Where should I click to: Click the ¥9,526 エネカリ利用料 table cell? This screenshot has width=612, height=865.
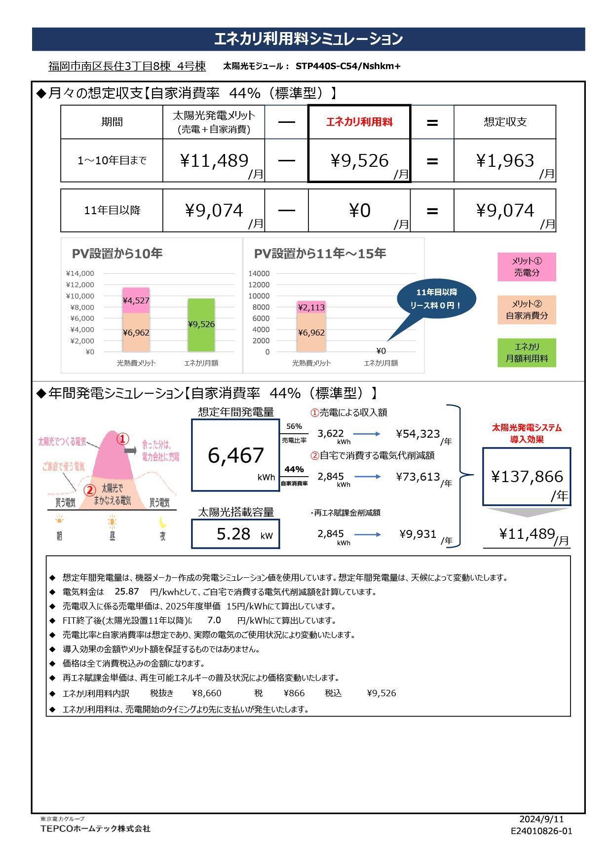pyautogui.click(x=359, y=161)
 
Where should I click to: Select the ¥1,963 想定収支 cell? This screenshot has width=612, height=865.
pyautogui.click(x=504, y=161)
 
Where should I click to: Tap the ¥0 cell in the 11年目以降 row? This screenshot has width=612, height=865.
pyautogui.click(x=359, y=211)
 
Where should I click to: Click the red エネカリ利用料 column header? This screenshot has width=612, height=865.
pyautogui.click(x=359, y=122)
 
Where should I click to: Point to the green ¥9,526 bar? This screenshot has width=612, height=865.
pyautogui.click(x=201, y=325)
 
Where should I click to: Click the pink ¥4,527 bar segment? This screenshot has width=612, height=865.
pyautogui.click(x=136, y=300)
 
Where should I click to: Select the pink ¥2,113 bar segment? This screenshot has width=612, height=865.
pyautogui.click(x=311, y=307)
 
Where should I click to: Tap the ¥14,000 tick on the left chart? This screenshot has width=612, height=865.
pyautogui.click(x=79, y=273)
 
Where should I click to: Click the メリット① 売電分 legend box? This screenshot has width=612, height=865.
pyautogui.click(x=527, y=267)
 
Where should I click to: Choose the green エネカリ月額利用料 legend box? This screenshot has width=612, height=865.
pyautogui.click(x=527, y=352)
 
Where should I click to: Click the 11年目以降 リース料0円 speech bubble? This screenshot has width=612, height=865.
pyautogui.click(x=436, y=299)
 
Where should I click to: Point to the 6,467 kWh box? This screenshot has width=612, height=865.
pyautogui.click(x=235, y=455)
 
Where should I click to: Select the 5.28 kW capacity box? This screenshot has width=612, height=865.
pyautogui.click(x=235, y=534)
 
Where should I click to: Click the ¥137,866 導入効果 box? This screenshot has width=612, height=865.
pyautogui.click(x=527, y=477)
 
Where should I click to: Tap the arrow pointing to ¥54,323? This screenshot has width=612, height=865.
pyautogui.click(x=367, y=434)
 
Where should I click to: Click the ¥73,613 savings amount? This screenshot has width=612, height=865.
pyautogui.click(x=418, y=477)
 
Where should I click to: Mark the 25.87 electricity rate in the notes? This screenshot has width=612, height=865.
pyautogui.click(x=127, y=591)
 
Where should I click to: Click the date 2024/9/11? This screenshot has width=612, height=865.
pyautogui.click(x=541, y=819)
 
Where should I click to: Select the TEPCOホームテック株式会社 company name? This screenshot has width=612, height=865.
pyautogui.click(x=95, y=828)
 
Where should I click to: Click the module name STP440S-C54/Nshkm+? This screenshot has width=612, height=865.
pyautogui.click(x=348, y=66)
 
